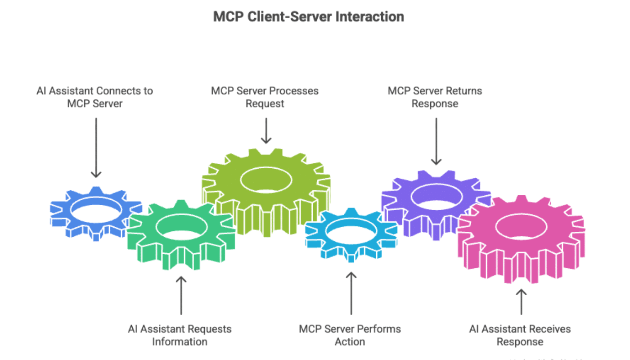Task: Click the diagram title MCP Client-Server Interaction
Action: (x=308, y=17)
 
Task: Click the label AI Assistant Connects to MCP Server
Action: (x=95, y=97)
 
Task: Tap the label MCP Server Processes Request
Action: (x=265, y=97)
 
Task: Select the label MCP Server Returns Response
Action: (x=435, y=97)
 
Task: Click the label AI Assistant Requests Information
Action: (x=180, y=335)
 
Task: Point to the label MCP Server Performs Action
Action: (x=350, y=335)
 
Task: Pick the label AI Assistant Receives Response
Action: (x=520, y=335)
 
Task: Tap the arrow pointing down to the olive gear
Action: (x=266, y=130)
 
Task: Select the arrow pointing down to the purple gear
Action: (x=436, y=142)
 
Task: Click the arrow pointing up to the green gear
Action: (x=181, y=295)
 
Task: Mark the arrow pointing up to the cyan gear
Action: (x=351, y=292)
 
